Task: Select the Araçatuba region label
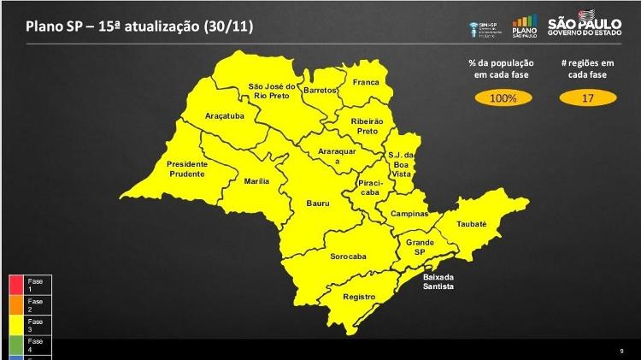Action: (x=225, y=115)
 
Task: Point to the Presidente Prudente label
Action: (x=186, y=168)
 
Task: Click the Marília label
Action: (x=257, y=181)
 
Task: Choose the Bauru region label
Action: (x=319, y=204)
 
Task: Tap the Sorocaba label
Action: (x=348, y=257)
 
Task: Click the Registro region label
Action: (x=359, y=297)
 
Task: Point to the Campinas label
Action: (x=409, y=214)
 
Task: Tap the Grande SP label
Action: (x=420, y=247)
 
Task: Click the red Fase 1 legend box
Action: (x=17, y=285)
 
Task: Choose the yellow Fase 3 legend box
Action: (x=17, y=325)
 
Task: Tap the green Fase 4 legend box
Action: (x=17, y=345)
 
